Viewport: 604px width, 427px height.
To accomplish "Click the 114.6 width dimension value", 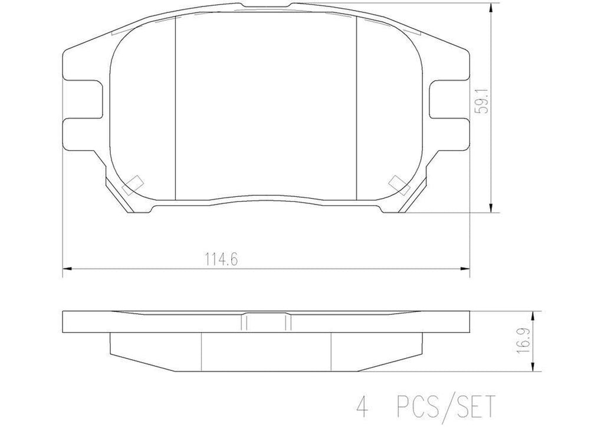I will (216, 258).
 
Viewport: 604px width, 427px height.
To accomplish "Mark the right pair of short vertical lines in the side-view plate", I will (288, 322).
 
